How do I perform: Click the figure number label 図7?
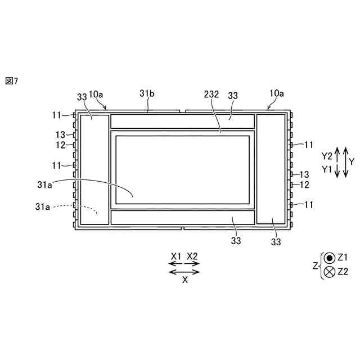pos(11,81)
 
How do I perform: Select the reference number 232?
pos(211,94)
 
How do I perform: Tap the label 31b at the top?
pos(147,93)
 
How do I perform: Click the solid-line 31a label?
pos(44,184)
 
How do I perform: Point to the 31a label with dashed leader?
pos(43,206)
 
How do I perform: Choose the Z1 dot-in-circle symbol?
pos(330,258)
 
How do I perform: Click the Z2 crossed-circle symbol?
pos(330,272)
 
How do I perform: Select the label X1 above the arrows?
pos(176,256)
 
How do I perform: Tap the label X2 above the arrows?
pos(192,256)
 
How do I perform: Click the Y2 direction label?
pos(327,156)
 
